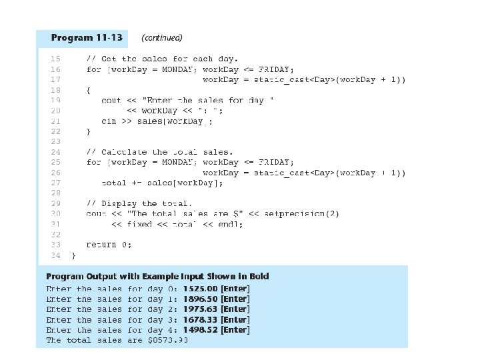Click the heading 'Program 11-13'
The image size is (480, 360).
[86, 37]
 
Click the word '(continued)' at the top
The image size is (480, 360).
[162, 37]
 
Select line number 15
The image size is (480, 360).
[55, 59]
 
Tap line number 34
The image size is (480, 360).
[55, 255]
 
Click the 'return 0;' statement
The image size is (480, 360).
[109, 245]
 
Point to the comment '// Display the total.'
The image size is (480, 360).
[139, 203]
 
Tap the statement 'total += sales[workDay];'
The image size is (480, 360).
[162, 183]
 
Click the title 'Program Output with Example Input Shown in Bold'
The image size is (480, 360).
[157, 276]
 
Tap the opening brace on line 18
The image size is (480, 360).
[89, 90]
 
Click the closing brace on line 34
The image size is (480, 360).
[73, 255]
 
